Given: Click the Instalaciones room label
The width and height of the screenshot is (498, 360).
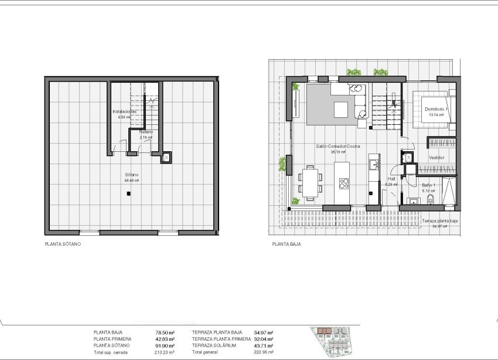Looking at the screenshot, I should (x=124, y=111).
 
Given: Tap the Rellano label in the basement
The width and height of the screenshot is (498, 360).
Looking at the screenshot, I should (x=146, y=132).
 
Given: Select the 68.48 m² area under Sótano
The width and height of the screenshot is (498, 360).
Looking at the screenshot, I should (x=131, y=181).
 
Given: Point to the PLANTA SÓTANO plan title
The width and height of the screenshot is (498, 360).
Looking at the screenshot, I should (x=63, y=244).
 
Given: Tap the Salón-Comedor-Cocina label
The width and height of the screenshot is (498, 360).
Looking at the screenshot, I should (x=338, y=146).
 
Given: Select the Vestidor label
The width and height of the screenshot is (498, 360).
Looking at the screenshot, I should (x=436, y=158).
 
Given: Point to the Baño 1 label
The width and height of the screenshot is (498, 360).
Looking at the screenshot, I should (x=429, y=185).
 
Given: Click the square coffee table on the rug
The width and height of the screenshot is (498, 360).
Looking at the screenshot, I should (x=340, y=108).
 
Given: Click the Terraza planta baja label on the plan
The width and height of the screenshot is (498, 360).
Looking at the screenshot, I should (x=441, y=220).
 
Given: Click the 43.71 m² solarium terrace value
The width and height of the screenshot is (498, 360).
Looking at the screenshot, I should (x=263, y=345).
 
